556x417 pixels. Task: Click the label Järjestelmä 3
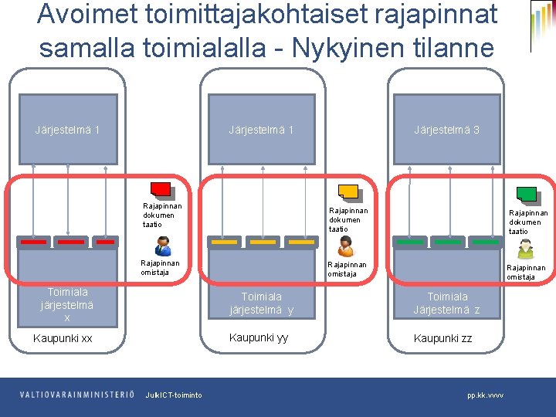446,130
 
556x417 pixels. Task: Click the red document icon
162,190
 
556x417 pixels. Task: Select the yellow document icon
349,192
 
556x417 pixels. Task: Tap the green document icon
527,194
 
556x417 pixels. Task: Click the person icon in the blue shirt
162,246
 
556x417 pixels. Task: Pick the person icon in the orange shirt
345,246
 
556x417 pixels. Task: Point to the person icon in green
525,248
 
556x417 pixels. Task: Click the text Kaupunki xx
63,338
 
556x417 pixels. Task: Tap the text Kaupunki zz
442,338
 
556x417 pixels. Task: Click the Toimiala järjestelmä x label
67,304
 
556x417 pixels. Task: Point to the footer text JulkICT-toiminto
174,395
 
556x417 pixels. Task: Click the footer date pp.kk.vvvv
485,395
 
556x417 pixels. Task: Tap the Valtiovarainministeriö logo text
76,395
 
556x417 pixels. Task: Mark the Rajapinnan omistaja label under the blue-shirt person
160,267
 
